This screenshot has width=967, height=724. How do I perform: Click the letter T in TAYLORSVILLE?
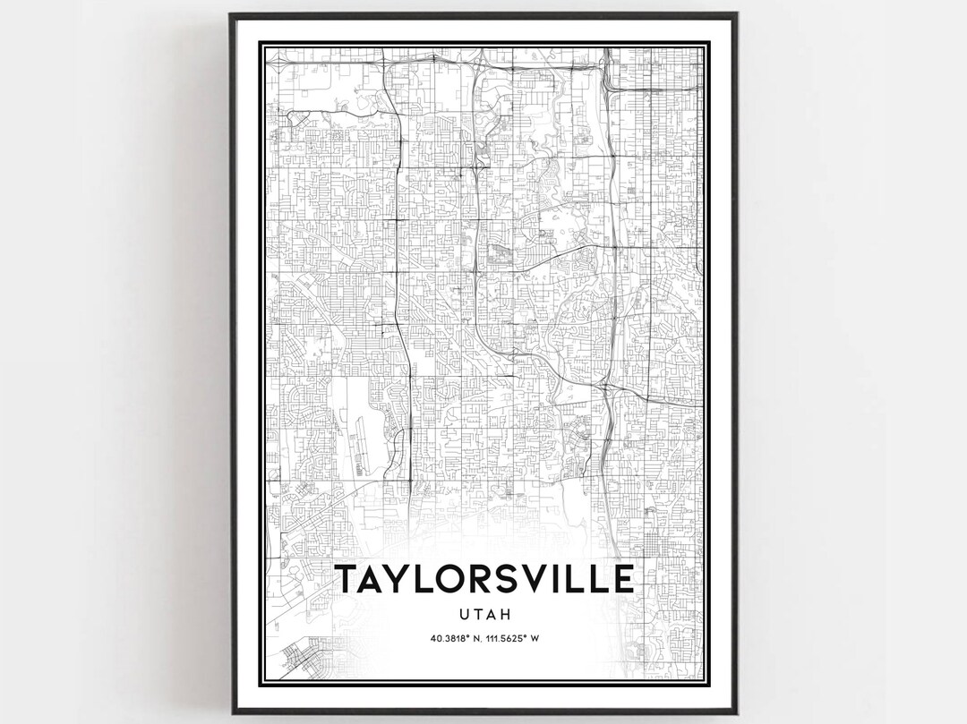coord(347,579)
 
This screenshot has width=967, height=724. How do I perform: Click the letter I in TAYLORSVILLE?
coord(565,579)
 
